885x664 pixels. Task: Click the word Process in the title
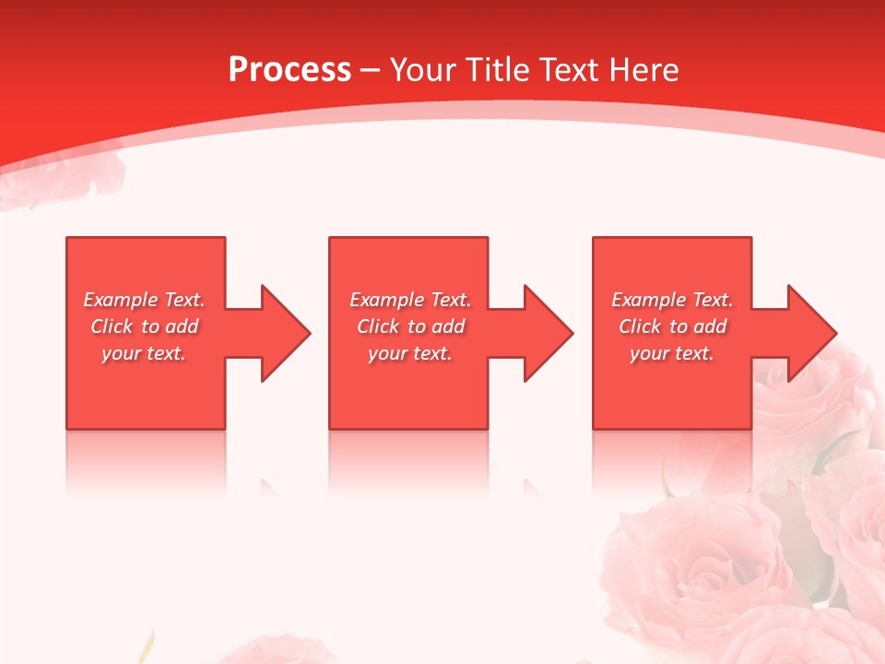pos(289,70)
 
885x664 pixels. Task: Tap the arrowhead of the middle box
pos(548,333)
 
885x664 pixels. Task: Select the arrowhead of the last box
pos(811,333)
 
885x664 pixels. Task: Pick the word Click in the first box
pos(112,326)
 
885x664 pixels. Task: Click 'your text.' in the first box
pos(144,353)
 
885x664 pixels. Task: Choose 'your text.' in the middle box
pos(409,353)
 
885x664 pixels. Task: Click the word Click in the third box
pos(641,326)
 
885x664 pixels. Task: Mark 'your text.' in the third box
pos(671,353)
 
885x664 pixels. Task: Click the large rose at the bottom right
pos(701,572)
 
